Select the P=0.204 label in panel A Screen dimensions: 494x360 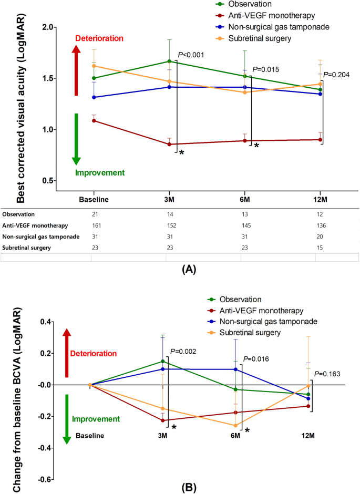pyautogui.click(x=336, y=75)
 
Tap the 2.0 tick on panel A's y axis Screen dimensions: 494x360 pyautogui.click(x=48, y=27)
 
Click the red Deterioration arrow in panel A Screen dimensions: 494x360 pyautogui.click(x=76, y=70)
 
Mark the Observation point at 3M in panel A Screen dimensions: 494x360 pyautogui.click(x=169, y=61)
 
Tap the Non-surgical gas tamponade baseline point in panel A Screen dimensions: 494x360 pyautogui.click(x=94, y=97)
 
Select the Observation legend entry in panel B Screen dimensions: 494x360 pyautogui.click(x=232, y=299)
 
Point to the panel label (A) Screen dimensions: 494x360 pyautogui.click(x=189, y=270)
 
